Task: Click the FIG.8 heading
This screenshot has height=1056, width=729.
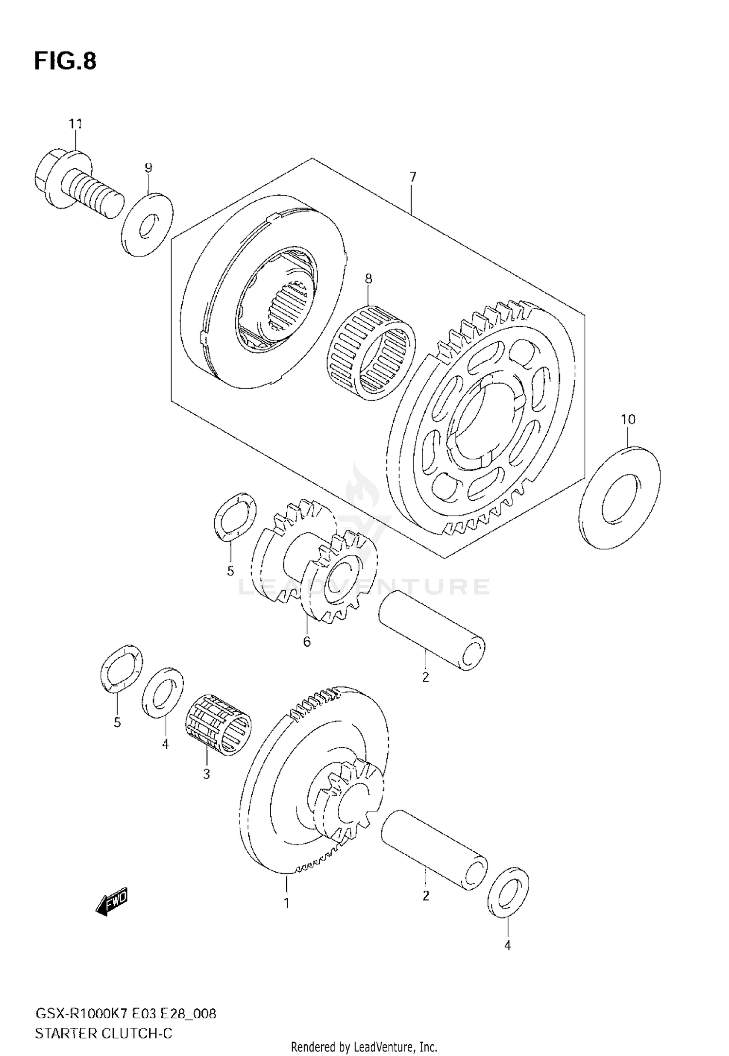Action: pos(65,61)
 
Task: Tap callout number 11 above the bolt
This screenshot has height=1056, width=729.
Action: pos(75,124)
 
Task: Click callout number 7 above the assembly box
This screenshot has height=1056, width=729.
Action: pos(413,177)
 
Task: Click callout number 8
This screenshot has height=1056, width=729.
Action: pos(368,279)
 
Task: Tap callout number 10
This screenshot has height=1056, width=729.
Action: pos(628,419)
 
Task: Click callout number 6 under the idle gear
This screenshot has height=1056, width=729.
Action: pos(307,642)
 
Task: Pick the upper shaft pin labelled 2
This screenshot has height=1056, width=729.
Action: pos(431,631)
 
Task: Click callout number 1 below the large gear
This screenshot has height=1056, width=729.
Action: pos(287,903)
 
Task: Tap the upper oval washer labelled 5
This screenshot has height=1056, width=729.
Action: pos(235,516)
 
